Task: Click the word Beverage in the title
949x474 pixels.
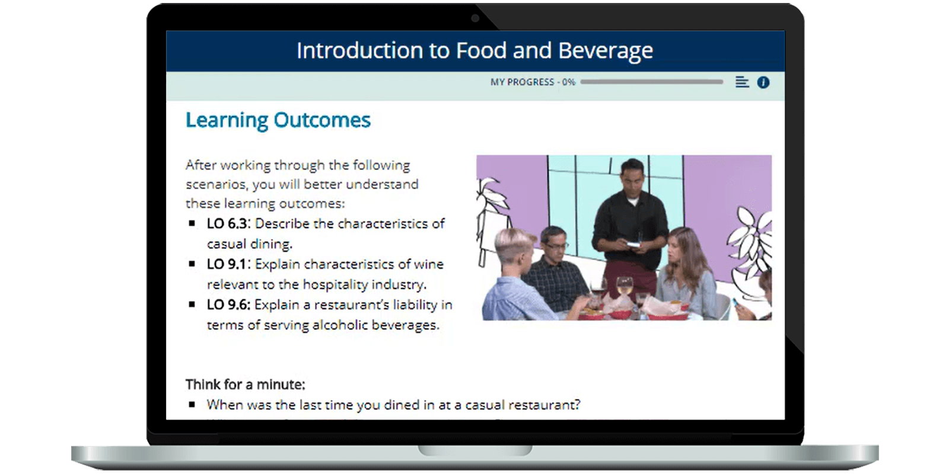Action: (606, 51)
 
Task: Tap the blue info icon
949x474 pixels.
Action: (763, 82)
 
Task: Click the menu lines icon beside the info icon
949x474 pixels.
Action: (742, 82)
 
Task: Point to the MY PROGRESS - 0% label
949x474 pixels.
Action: (533, 82)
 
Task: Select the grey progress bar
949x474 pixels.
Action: (652, 82)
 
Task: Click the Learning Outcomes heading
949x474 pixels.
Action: (278, 120)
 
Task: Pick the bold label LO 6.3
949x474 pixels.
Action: (227, 223)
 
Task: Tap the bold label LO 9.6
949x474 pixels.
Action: (228, 305)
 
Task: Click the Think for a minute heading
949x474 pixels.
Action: (246, 385)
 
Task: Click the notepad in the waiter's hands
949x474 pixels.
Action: (634, 245)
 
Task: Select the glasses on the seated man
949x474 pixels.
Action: (556, 245)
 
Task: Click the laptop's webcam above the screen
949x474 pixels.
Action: (475, 18)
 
